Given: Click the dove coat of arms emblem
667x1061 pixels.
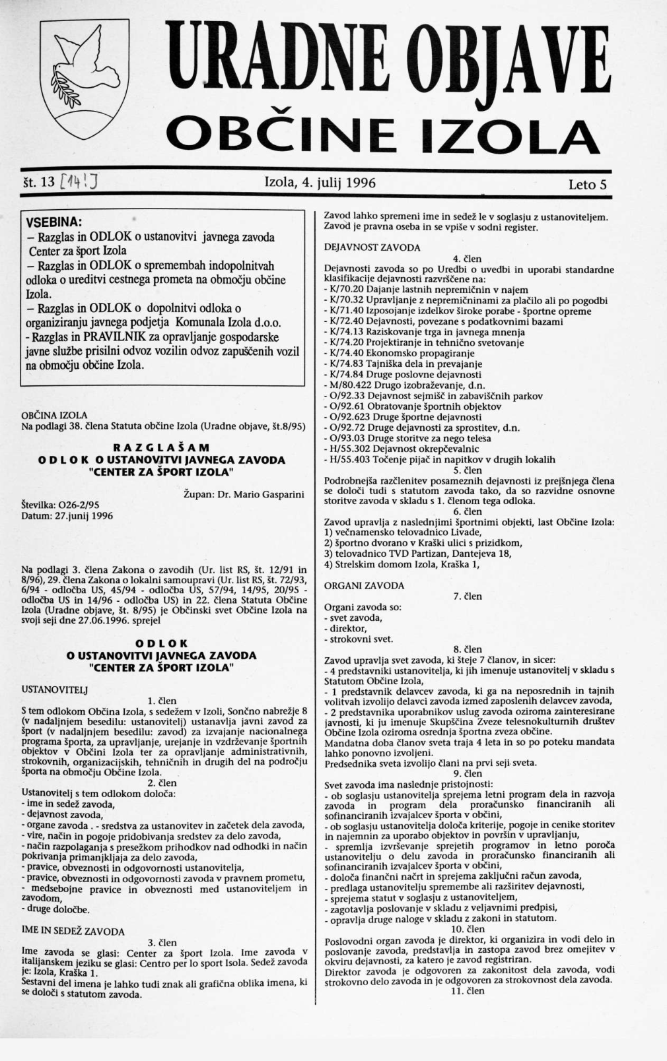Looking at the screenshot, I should tap(84, 79).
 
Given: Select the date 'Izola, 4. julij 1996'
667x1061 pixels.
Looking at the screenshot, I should tap(320, 183).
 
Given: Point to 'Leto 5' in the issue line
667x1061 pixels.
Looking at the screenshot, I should tap(587, 184).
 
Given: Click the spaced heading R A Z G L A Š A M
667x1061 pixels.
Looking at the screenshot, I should tap(162, 448).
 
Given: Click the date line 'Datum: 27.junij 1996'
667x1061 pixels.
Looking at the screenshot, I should tap(67, 516).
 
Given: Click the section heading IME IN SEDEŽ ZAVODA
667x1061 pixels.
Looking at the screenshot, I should tap(73, 931).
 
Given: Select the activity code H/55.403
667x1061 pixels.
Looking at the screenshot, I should tap(350, 459).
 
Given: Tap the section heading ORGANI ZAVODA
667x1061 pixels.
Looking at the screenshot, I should tap(364, 585).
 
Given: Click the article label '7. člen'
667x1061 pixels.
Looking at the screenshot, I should tap(468, 596).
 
